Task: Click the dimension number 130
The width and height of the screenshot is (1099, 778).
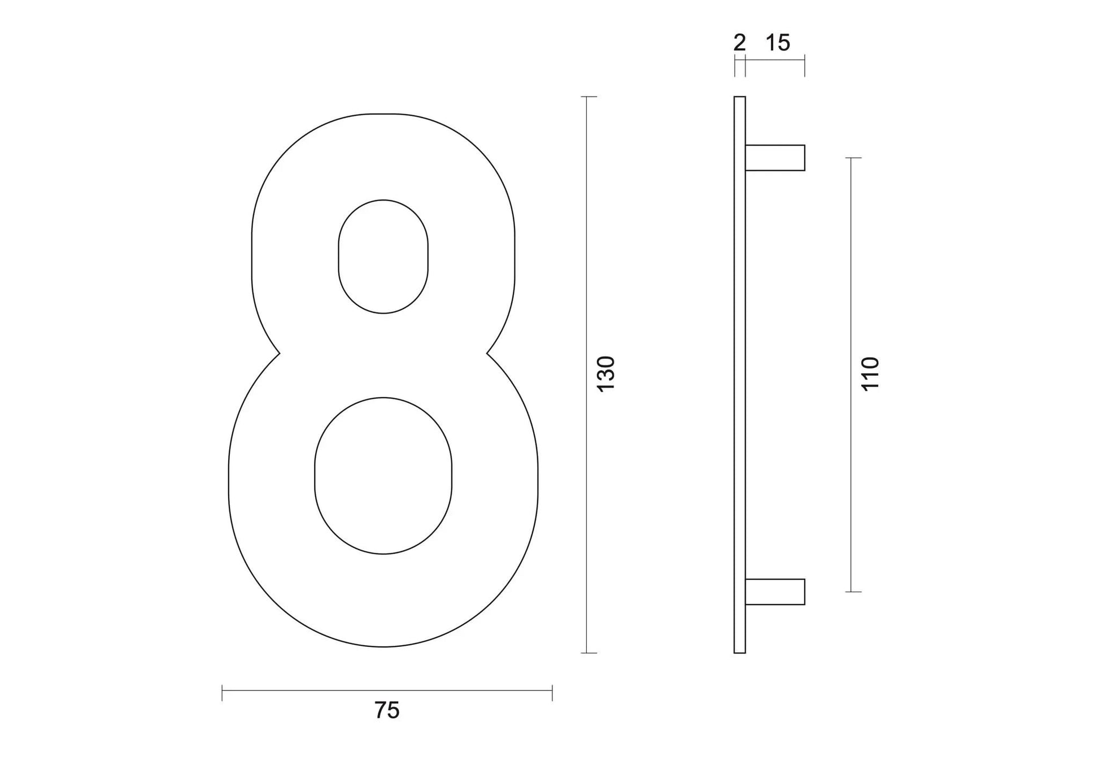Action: pos(606,373)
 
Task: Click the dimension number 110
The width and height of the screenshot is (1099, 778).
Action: pos(870,373)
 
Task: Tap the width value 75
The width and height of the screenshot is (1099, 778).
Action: pos(387,710)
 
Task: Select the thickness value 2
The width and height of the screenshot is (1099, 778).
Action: pos(739,43)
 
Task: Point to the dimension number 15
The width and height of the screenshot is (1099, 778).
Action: pos(778,43)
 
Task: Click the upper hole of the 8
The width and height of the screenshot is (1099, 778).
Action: pos(383,257)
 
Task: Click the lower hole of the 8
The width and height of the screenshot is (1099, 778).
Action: pos(383,476)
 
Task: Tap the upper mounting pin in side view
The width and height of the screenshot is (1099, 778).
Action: pos(775,158)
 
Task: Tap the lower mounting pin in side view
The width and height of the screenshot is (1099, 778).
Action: pos(775,592)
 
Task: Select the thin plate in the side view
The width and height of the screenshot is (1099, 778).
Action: pos(740,375)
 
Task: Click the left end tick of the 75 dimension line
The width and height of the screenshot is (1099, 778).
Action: pos(223,693)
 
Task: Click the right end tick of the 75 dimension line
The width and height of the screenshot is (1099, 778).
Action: pos(552,693)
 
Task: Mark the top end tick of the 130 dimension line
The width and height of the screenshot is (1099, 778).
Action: pos(588,97)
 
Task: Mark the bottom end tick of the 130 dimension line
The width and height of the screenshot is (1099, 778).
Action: pos(588,653)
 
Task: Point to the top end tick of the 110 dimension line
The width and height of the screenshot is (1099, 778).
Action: pos(853,158)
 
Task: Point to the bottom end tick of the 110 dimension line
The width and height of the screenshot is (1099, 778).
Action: pos(853,592)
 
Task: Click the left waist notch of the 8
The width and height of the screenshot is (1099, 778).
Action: pos(280,354)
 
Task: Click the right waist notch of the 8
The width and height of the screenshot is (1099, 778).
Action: pos(487,354)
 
